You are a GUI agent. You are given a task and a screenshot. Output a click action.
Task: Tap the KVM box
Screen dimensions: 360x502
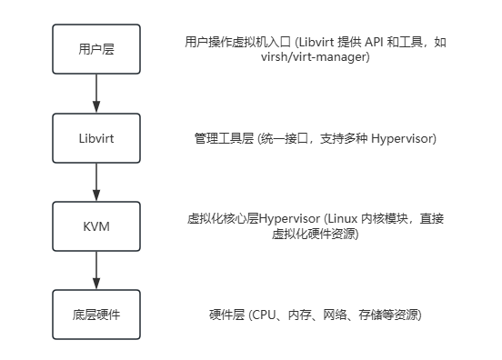click(96, 226)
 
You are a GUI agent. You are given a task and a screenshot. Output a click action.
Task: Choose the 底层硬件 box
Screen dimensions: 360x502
click(96, 315)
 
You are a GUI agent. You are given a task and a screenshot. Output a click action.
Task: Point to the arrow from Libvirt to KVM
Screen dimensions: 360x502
click(96, 182)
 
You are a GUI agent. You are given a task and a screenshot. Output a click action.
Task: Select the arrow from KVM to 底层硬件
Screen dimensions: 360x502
click(96, 270)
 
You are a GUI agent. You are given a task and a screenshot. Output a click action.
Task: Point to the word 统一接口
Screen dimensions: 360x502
click(289, 138)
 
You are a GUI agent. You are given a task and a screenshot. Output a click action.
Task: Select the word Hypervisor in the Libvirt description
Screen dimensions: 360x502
click(400, 138)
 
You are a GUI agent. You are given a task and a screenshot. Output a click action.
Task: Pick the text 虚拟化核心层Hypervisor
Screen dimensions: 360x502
click(250, 219)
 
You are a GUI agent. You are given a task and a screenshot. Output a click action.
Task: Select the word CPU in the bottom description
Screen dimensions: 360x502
click(262, 315)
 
